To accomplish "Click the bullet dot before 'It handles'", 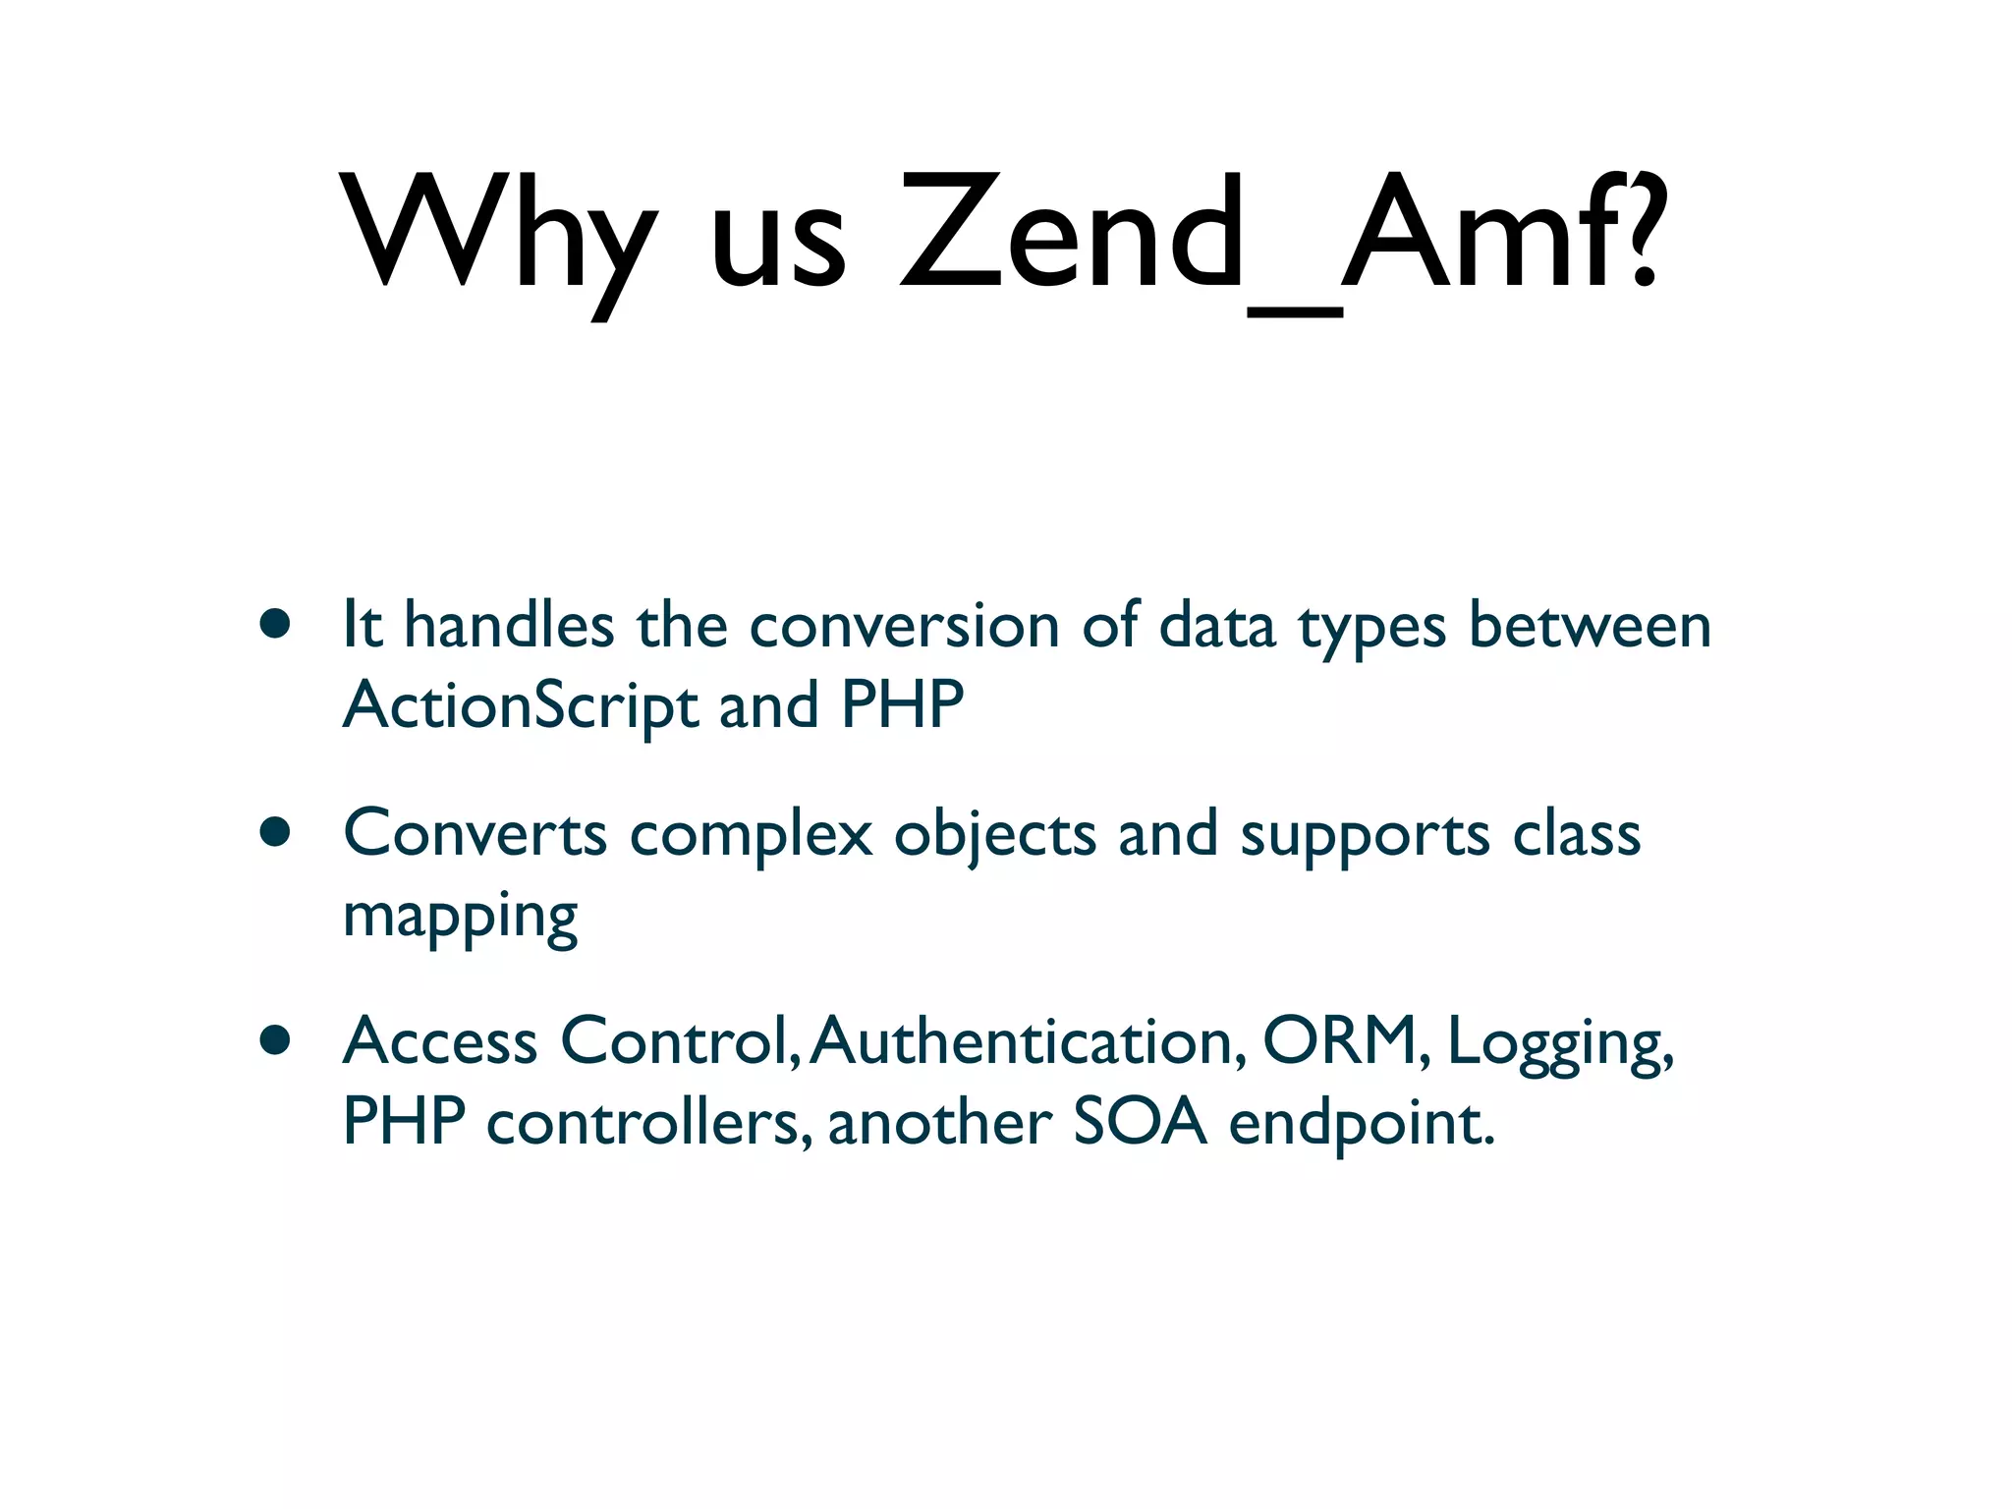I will [x=275, y=624].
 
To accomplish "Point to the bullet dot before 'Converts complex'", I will [x=275, y=832].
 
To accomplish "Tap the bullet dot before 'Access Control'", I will [x=275, y=1039].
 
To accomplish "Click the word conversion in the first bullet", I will [x=904, y=626].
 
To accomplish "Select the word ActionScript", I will [x=520, y=706].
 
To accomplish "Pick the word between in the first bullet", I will [x=1590, y=626].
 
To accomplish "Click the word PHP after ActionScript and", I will [x=903, y=704].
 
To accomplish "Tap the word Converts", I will [x=475, y=834].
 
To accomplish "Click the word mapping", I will [x=460, y=918].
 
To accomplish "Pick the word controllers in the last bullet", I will [x=648, y=1122].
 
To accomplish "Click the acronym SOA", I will [x=1140, y=1122].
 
